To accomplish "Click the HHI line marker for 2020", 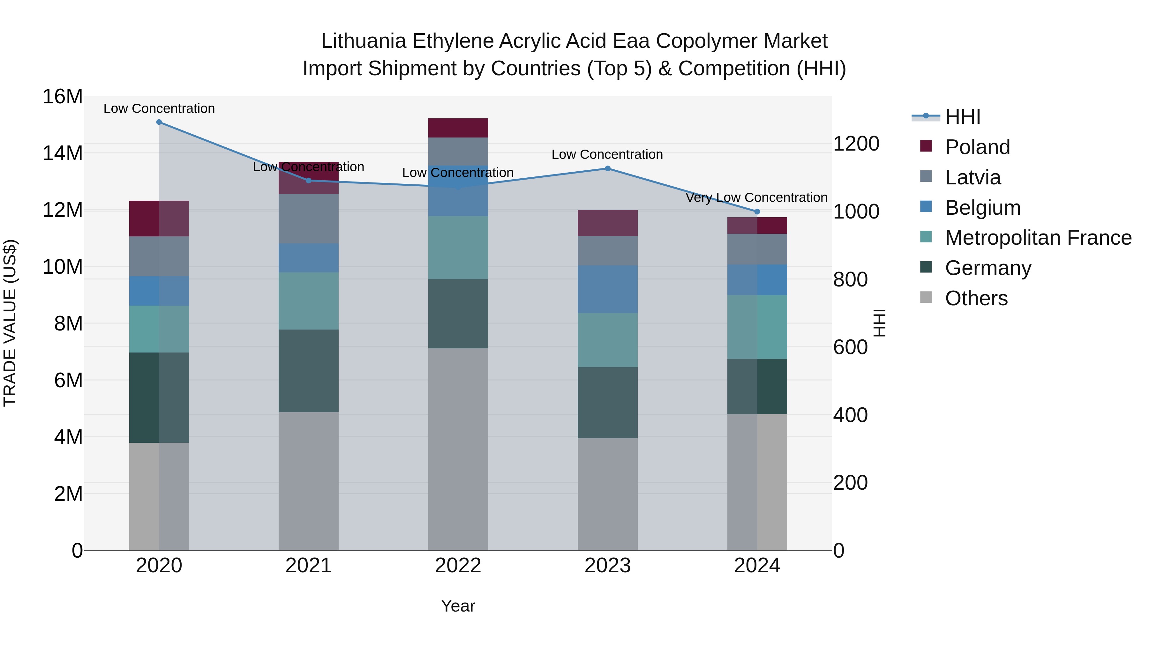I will (x=159, y=122).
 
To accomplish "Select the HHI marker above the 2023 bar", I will (x=607, y=168).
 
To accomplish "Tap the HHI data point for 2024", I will (x=757, y=212).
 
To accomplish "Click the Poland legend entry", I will (x=977, y=147).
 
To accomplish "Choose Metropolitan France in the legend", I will (x=1038, y=238).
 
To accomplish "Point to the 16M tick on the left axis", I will (x=63, y=97).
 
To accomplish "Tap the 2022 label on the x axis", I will (x=458, y=566).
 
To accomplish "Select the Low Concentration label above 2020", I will (x=159, y=109).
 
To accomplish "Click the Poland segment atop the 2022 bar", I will (x=458, y=128).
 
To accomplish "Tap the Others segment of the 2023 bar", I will (x=607, y=494).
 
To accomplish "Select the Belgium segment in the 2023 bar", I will (x=607, y=289).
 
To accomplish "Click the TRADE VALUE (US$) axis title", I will (x=10, y=323).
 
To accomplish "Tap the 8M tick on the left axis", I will (x=68, y=324).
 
